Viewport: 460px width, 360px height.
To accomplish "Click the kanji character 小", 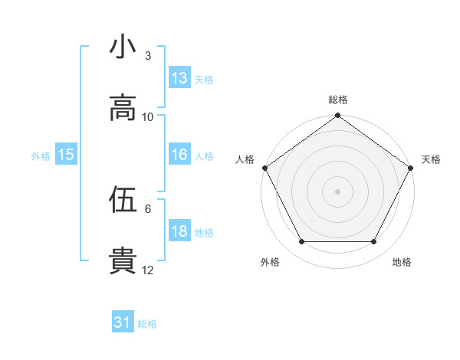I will pos(123,47).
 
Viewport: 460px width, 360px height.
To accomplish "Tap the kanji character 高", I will pos(123,108).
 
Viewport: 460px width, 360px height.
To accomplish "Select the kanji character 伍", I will pos(123,200).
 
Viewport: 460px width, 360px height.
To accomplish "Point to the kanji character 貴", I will pos(123,260).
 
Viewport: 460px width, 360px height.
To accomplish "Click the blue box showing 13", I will pos(179,78).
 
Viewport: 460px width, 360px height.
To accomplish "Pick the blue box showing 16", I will pos(179,155).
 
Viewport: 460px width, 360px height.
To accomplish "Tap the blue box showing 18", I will pos(179,232).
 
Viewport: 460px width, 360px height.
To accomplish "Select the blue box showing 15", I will pos(66,155).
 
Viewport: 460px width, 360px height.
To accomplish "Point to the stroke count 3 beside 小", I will pos(147,56).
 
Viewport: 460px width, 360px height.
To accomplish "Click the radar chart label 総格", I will pos(338,100).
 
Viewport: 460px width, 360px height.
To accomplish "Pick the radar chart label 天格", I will pos(431,159).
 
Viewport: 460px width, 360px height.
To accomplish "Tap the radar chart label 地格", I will pos(402,262).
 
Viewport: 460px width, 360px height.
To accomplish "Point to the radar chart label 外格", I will pos(270,262).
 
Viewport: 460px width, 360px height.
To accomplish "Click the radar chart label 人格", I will pos(245,159).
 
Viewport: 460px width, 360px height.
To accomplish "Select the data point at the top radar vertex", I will pos(338,116).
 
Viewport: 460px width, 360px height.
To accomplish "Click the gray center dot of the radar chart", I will pos(338,191).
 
